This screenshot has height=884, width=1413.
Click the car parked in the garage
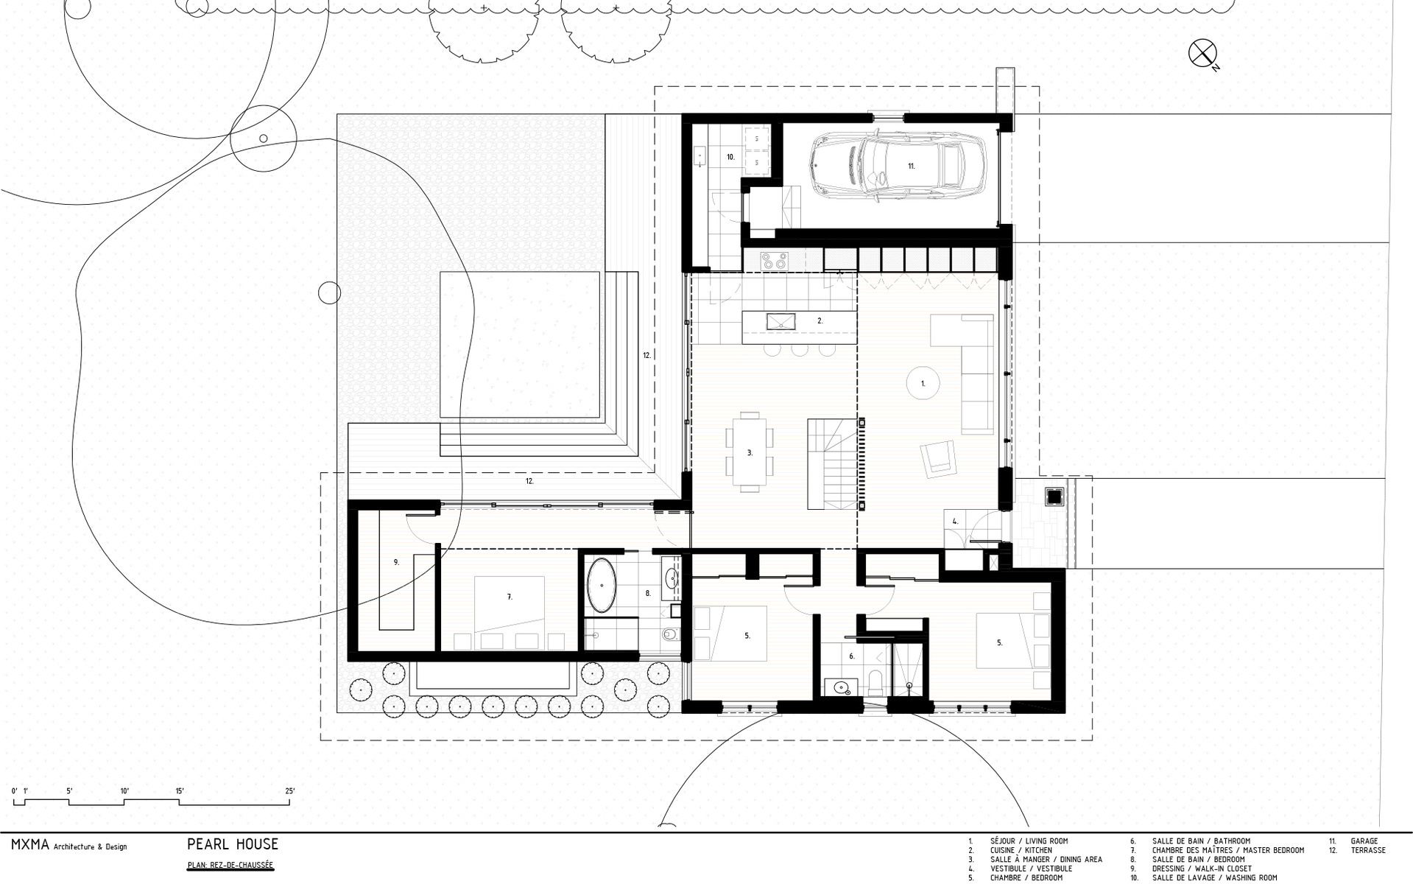click(889, 165)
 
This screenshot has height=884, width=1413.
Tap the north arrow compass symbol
click(1202, 53)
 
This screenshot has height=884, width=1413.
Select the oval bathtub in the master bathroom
click(602, 586)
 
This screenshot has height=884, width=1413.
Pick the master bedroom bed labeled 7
click(510, 612)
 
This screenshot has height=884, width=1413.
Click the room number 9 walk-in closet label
click(396, 562)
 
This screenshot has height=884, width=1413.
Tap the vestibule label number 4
click(955, 522)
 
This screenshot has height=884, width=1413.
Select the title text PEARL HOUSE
click(233, 844)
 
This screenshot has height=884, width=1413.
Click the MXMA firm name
click(30, 845)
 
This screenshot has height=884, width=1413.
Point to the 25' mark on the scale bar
click(289, 791)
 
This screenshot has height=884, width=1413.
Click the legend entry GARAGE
click(1364, 841)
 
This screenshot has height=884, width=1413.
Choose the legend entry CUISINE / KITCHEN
click(1021, 850)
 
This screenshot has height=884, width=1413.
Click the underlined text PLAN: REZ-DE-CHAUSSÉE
click(230, 866)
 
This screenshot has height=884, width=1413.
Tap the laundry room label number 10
click(731, 157)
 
